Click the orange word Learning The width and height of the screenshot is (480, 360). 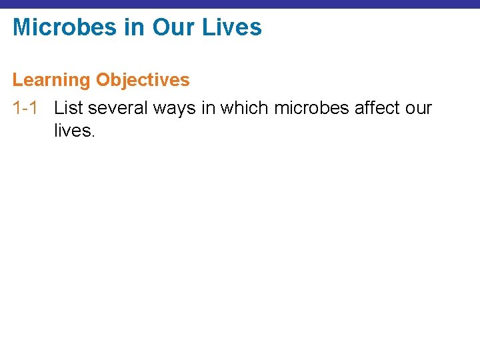51,81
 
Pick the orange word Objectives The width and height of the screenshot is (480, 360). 143,81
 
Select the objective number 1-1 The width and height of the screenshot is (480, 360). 25,108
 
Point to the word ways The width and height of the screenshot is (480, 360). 181,108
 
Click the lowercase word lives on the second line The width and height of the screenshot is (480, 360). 73,131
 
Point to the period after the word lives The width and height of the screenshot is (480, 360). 94,135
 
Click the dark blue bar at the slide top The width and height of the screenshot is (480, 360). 240,3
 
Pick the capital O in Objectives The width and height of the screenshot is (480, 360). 103,81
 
